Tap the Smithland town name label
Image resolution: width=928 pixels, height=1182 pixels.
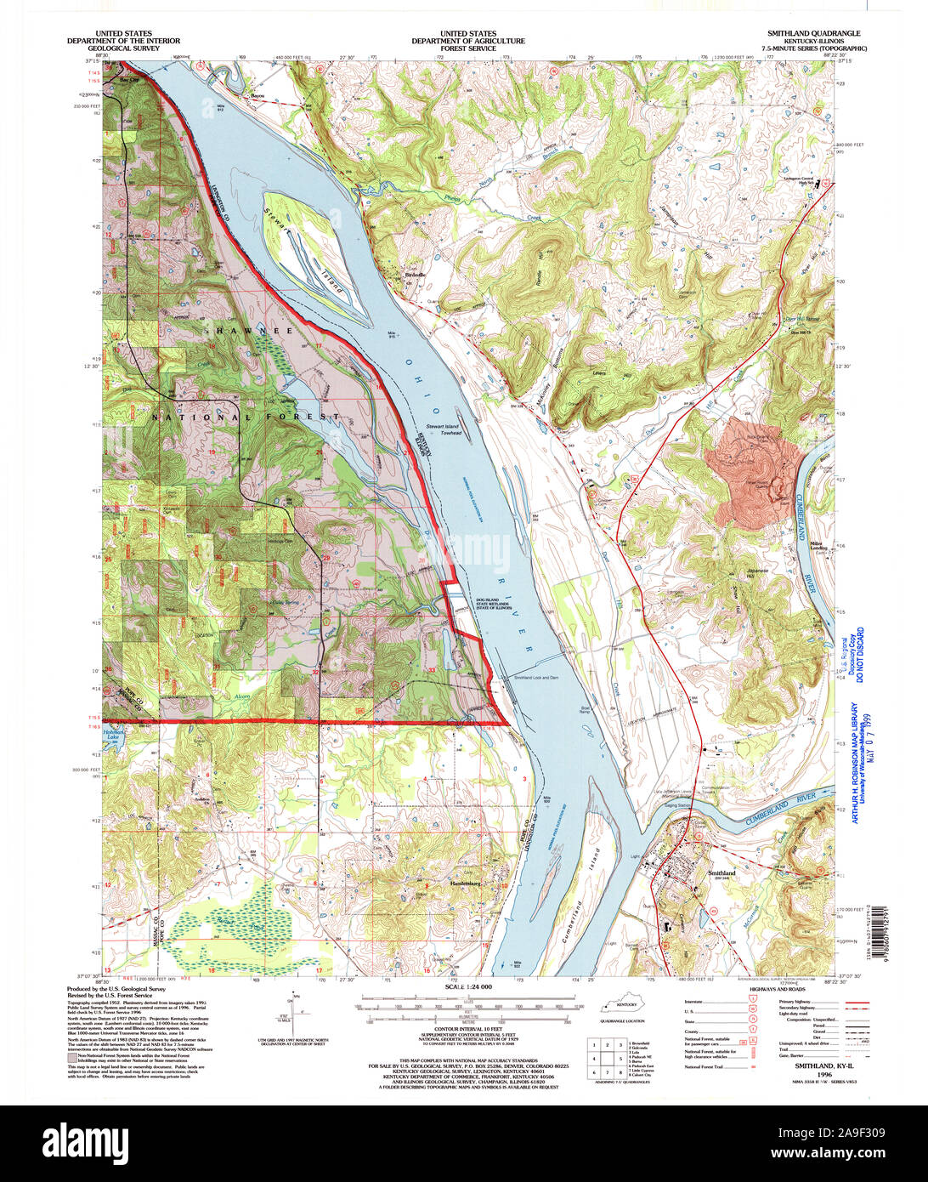[721, 872]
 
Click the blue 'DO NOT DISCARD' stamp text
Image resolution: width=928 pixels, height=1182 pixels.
[859, 655]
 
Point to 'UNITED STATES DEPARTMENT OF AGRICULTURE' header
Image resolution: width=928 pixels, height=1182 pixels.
[468, 37]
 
